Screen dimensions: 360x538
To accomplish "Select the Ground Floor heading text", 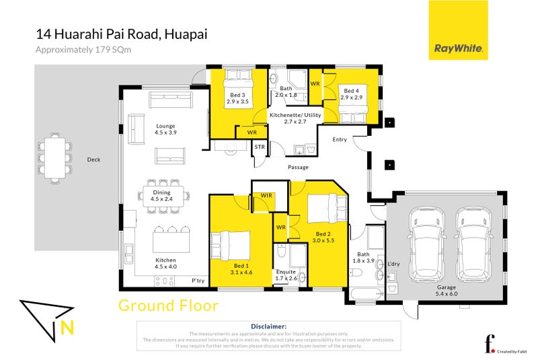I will click(x=168, y=305).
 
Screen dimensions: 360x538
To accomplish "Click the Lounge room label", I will click(x=165, y=129).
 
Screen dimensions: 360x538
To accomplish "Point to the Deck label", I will click(x=93, y=159).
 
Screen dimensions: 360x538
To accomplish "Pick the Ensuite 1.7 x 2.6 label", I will click(x=286, y=275).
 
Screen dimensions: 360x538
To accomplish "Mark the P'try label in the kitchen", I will click(x=198, y=281).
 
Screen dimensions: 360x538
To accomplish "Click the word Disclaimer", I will click(x=268, y=326).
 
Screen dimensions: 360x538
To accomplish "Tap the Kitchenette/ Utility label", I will click(x=296, y=118).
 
